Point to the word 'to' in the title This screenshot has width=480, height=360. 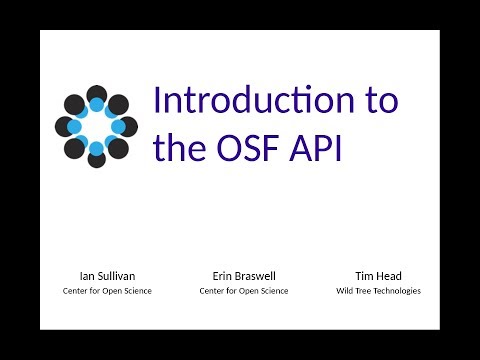point(379,102)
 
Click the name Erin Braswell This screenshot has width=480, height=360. point(244,276)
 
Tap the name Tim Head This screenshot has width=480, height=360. point(378,276)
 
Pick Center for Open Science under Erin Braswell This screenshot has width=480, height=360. point(244,291)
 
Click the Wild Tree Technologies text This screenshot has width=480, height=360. point(378,291)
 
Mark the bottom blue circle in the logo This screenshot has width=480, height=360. point(96,149)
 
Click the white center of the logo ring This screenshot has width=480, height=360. point(96,127)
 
